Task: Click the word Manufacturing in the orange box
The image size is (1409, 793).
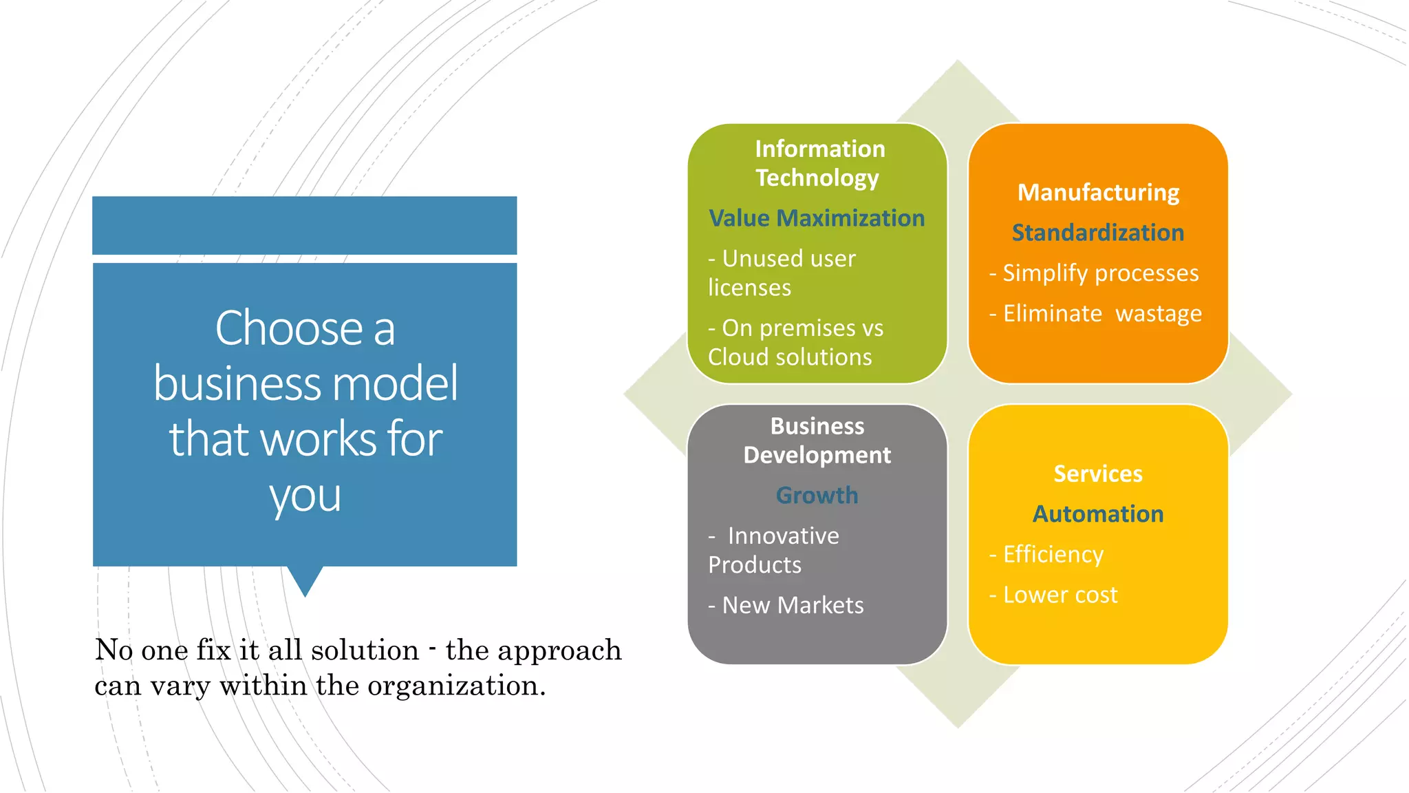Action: tap(1098, 192)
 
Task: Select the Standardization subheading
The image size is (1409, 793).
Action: tap(1098, 233)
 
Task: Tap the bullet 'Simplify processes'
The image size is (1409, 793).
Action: tap(1099, 273)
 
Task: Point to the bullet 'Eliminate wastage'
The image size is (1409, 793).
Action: tap(1101, 314)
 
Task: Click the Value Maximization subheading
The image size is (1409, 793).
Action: tap(817, 218)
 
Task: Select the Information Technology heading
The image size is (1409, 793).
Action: tap(819, 163)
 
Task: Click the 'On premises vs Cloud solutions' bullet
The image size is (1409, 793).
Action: tap(795, 342)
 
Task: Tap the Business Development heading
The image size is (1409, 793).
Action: tap(817, 441)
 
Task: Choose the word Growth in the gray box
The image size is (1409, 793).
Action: tap(817, 495)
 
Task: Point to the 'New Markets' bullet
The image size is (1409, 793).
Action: tap(791, 605)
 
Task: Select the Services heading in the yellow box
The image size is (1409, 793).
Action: tap(1098, 474)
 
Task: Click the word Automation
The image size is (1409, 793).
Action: tap(1098, 514)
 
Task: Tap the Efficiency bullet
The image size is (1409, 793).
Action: tap(1053, 554)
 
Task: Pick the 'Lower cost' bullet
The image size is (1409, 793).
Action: tap(1060, 595)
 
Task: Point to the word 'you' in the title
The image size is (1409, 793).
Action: tap(305, 496)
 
